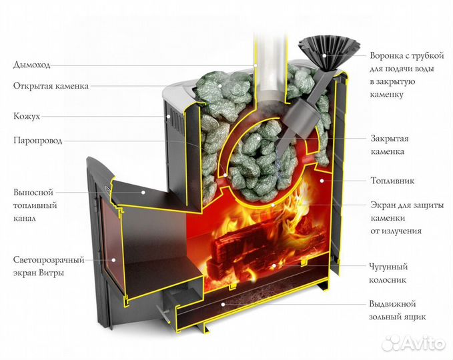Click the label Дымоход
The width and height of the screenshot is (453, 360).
[x=31, y=65]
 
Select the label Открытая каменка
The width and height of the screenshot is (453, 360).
[x=51, y=86]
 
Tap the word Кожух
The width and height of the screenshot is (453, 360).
[x=26, y=116]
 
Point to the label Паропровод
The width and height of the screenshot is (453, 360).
[x=37, y=141]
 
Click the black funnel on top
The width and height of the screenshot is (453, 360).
[x=323, y=50]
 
